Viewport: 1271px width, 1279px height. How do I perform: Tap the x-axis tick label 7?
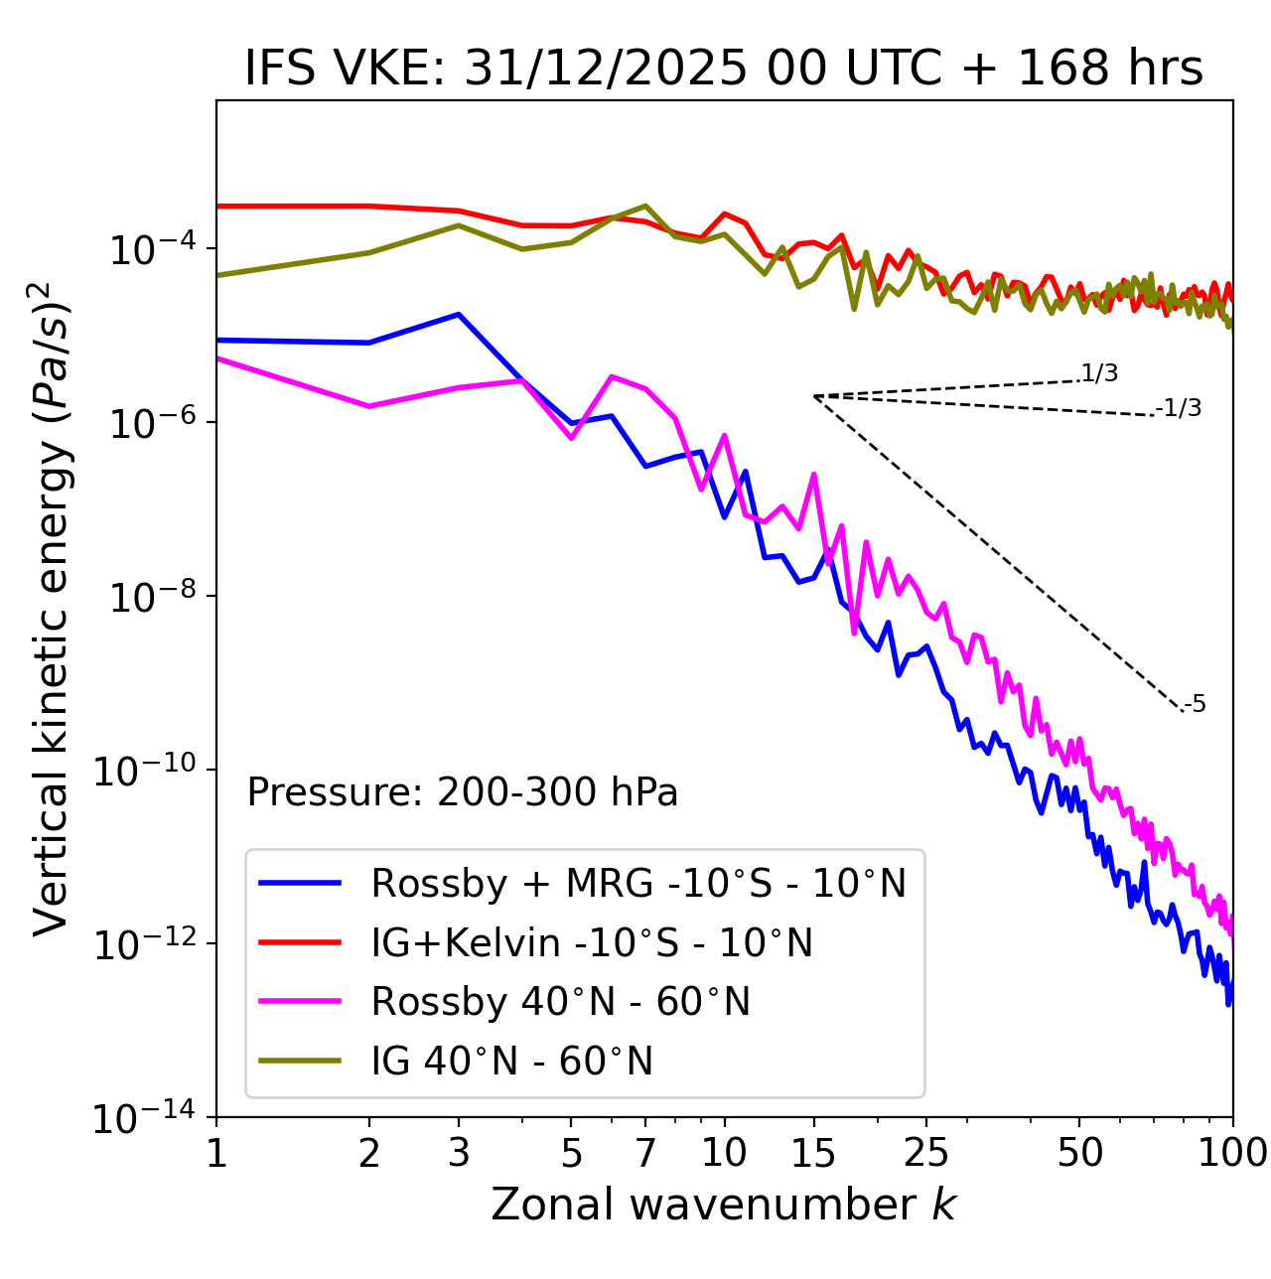645,1152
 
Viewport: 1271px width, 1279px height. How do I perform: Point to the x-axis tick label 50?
1079,1152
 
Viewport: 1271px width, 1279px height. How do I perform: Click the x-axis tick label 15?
813,1152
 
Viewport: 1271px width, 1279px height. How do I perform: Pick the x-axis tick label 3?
458,1152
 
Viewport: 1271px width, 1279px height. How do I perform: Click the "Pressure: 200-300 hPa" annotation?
462,792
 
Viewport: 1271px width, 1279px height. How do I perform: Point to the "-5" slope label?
1195,705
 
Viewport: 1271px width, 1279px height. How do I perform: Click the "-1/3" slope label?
1180,408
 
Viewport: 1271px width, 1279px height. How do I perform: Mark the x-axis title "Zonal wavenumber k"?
723,1205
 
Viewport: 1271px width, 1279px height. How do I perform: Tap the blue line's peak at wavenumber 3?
458,314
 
